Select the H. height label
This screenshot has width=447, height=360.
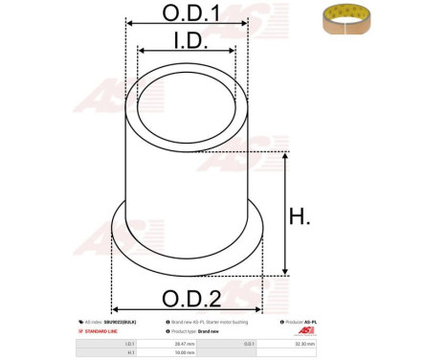(x=300, y=217)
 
